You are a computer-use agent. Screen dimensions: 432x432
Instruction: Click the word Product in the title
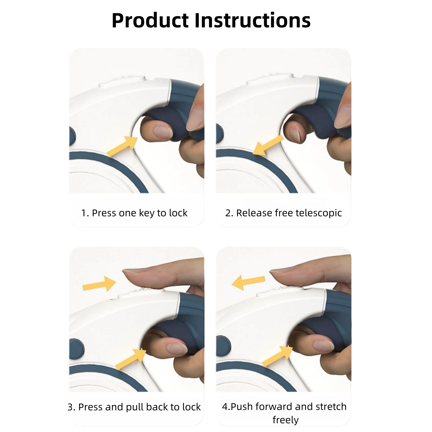[x=150, y=21]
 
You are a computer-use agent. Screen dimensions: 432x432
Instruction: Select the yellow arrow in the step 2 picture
[x=268, y=145]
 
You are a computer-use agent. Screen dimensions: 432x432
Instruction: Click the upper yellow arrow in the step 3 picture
[x=99, y=284]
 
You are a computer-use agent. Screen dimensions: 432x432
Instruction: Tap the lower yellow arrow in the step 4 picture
[x=278, y=356]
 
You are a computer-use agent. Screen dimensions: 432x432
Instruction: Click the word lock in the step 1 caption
[x=178, y=213]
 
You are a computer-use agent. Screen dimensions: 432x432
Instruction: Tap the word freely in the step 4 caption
[x=286, y=420]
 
